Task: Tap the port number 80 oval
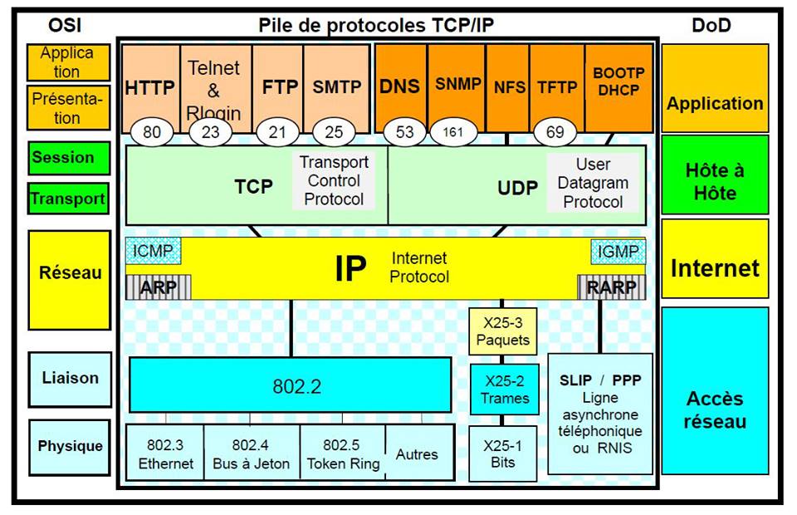[151, 131]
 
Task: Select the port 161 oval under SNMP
[452, 131]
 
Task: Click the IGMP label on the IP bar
[617, 250]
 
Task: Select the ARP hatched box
[158, 287]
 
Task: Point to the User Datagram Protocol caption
[593, 183]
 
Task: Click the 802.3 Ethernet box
[165, 454]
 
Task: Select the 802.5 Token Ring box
[343, 454]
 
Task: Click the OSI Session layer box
[68, 157]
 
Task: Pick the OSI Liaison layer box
[70, 378]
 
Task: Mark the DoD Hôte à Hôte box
[715, 182]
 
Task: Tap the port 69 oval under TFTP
[555, 131]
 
